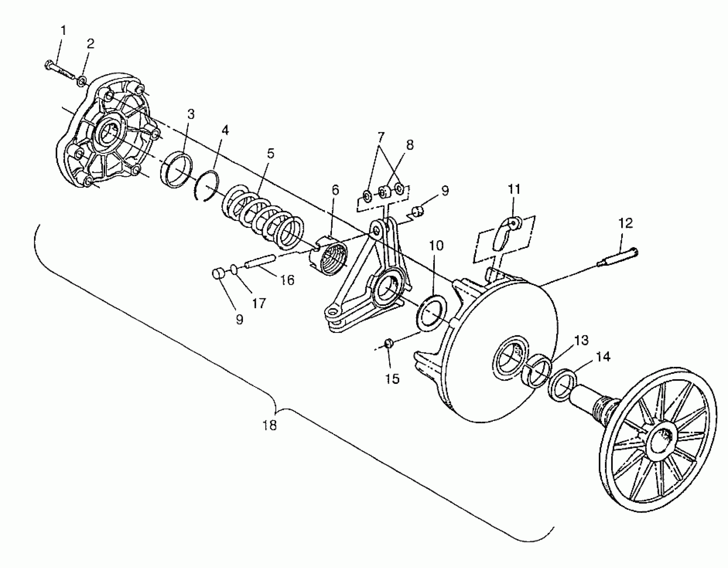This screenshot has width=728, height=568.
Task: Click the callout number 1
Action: coord(63,31)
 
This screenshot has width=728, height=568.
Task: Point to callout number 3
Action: coord(191,114)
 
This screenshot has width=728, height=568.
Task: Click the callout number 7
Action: coord(381,137)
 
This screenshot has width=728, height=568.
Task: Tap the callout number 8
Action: coord(410,145)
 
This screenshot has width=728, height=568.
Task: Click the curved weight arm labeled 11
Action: coord(506,235)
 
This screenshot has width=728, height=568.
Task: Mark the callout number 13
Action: coord(581,340)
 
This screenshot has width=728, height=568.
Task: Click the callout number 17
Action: coord(259,303)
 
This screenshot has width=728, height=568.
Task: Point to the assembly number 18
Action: coord(270,425)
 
